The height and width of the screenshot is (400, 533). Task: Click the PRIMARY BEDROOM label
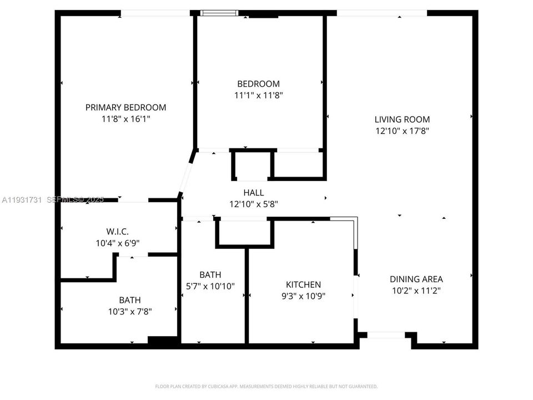tap(125, 107)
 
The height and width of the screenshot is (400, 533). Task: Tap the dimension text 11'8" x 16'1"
tap(125, 119)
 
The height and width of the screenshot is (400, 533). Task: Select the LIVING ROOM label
tap(402, 119)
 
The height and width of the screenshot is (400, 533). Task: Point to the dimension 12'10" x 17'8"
tap(402, 131)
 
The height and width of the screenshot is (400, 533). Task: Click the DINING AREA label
tap(416, 279)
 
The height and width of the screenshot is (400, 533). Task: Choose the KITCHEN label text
tap(303, 284)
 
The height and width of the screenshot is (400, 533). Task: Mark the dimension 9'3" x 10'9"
tap(303, 296)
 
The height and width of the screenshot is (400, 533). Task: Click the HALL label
tap(253, 193)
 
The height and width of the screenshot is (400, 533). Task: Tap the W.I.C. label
tap(117, 232)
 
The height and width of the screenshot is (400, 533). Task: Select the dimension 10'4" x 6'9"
tap(117, 243)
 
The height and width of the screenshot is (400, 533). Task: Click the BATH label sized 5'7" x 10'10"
tap(210, 274)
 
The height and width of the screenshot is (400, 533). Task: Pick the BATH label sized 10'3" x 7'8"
tap(129, 300)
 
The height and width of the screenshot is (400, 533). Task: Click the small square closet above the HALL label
tap(253, 165)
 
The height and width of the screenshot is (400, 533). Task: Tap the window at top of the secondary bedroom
tap(219, 13)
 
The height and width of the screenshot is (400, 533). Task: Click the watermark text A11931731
tap(22, 199)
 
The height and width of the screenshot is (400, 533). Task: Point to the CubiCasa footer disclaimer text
tap(266, 386)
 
